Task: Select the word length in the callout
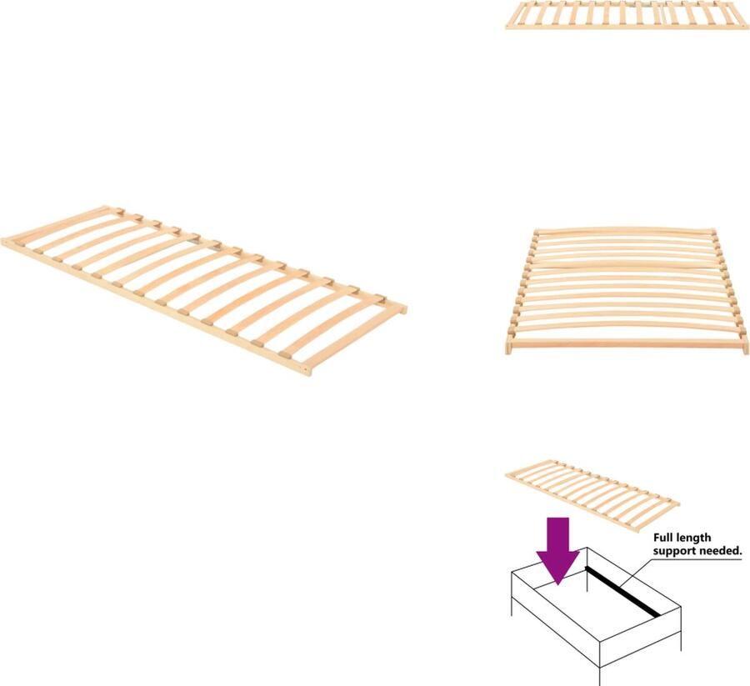(x=698, y=538)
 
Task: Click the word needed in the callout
(x=719, y=552)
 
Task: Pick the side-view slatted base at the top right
(x=626, y=16)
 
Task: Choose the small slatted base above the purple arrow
(x=592, y=493)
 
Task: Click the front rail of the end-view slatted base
(x=626, y=343)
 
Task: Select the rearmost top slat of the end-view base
(x=626, y=231)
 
